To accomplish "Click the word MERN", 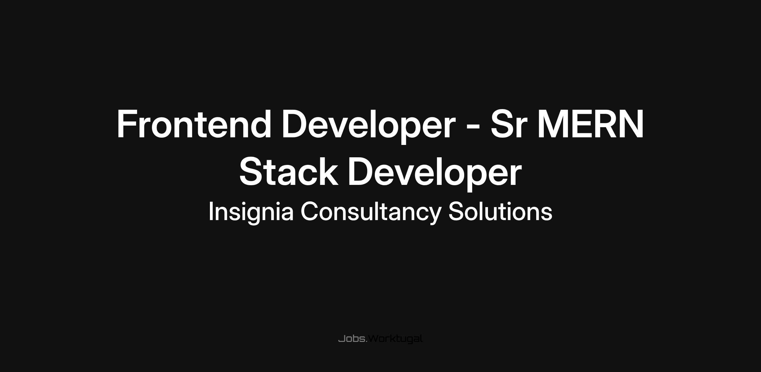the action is click(590, 124).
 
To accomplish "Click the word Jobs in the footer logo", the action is click(352, 339).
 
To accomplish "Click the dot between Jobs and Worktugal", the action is click(367, 342).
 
